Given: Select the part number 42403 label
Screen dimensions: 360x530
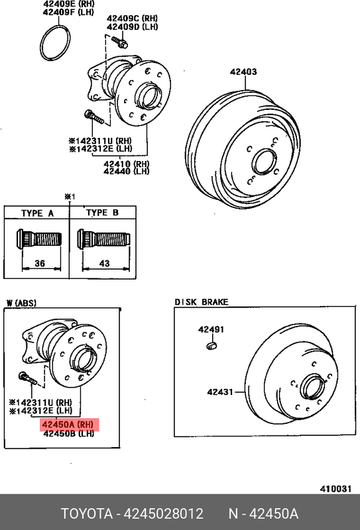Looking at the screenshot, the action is tap(243, 72).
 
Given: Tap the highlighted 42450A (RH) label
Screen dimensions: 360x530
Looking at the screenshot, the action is tap(70, 424).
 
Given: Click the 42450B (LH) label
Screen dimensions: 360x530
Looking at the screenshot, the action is tap(69, 433).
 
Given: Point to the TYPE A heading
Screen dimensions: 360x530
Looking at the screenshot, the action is tap(37, 213).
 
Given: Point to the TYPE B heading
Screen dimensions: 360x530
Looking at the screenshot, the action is tap(103, 213).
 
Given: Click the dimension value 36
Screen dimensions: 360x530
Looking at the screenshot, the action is tap(40, 263).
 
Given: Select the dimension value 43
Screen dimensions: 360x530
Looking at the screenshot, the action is tap(105, 263).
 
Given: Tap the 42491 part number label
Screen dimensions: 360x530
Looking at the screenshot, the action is tap(211, 329).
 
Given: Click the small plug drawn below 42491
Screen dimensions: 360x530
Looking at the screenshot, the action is tap(211, 346).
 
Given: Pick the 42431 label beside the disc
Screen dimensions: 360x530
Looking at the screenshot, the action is tap(220, 392).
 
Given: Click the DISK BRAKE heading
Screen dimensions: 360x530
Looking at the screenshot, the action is tap(202, 302).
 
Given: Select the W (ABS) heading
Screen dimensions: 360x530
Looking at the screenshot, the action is tap(21, 303).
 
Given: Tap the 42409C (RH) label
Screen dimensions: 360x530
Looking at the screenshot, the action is tap(133, 19).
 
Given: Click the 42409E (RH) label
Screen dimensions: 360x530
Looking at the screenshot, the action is tap(69, 4).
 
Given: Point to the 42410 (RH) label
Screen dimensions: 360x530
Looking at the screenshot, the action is tap(127, 164).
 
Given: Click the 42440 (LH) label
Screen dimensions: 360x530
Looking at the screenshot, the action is tap(127, 172).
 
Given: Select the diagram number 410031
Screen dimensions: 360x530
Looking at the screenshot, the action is tap(335, 489).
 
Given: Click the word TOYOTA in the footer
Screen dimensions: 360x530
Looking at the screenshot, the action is tap(87, 514).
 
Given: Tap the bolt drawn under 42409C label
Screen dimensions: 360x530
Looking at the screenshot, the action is tap(119, 42).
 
